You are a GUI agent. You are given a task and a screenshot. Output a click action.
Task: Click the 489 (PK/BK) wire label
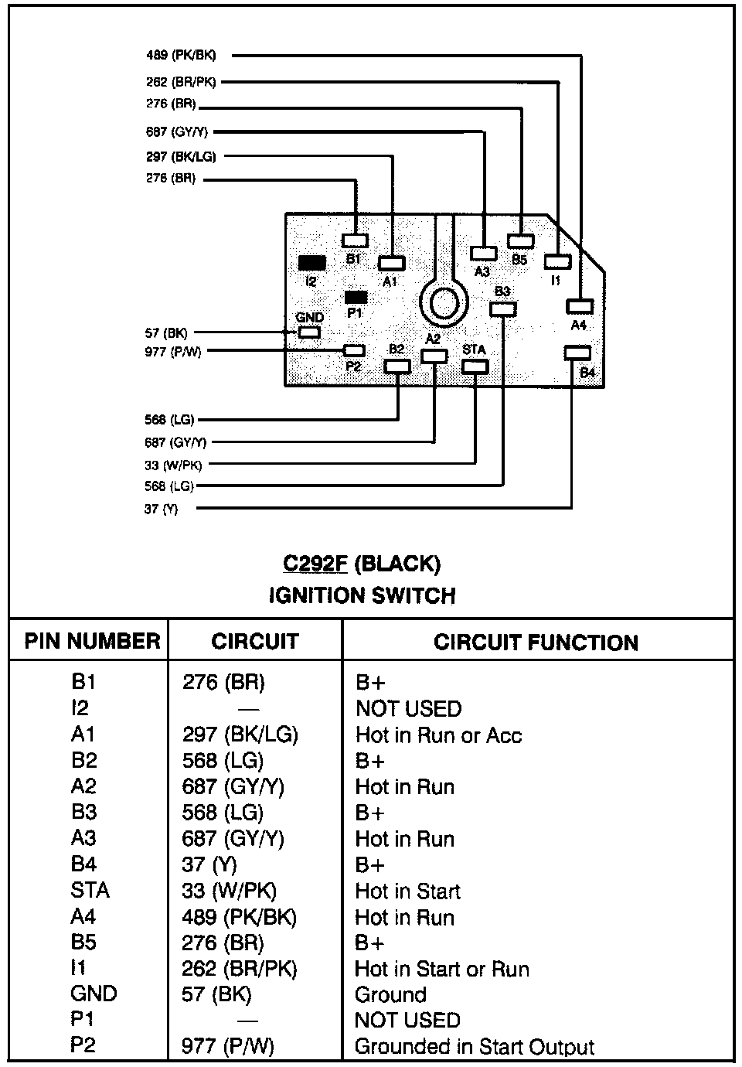[181, 56]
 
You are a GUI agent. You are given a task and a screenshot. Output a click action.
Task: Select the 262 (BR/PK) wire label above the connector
[181, 82]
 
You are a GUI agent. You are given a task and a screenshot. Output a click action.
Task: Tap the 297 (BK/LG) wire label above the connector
[181, 157]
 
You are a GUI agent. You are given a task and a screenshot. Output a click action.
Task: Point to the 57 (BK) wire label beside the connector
[165, 333]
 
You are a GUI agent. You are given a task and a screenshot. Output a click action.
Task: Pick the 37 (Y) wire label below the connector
[161, 510]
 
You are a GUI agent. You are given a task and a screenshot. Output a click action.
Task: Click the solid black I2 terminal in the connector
[311, 263]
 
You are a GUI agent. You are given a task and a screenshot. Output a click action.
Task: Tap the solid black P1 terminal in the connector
[356, 297]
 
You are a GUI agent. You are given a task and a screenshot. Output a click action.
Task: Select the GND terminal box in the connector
[309, 332]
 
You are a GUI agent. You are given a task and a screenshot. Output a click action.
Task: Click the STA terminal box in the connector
[475, 365]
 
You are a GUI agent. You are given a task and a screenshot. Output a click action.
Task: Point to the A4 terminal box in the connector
[579, 307]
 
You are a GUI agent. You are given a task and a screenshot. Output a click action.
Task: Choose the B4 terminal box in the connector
[577, 353]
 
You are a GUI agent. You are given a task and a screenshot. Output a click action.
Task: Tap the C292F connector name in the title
[315, 564]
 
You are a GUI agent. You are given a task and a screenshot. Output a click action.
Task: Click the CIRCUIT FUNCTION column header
[536, 643]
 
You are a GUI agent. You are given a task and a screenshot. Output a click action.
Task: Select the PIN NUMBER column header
[92, 642]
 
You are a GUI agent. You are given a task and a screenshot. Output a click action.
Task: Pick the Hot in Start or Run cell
[442, 969]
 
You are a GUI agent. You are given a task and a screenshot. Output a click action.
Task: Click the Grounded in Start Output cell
[474, 1047]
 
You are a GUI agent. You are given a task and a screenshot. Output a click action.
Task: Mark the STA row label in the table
[90, 890]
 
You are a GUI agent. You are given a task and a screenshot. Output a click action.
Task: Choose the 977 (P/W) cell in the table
[228, 1047]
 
